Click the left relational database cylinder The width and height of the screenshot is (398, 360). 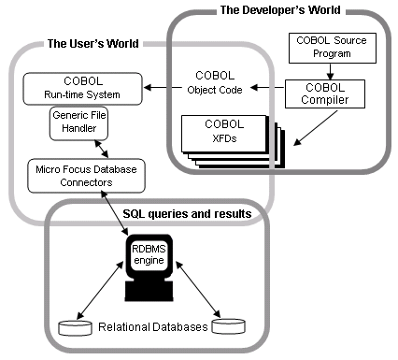[75, 327]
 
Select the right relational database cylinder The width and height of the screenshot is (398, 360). [230, 327]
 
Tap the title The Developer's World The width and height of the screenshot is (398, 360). [279, 10]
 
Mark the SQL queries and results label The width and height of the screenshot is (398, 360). [188, 214]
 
